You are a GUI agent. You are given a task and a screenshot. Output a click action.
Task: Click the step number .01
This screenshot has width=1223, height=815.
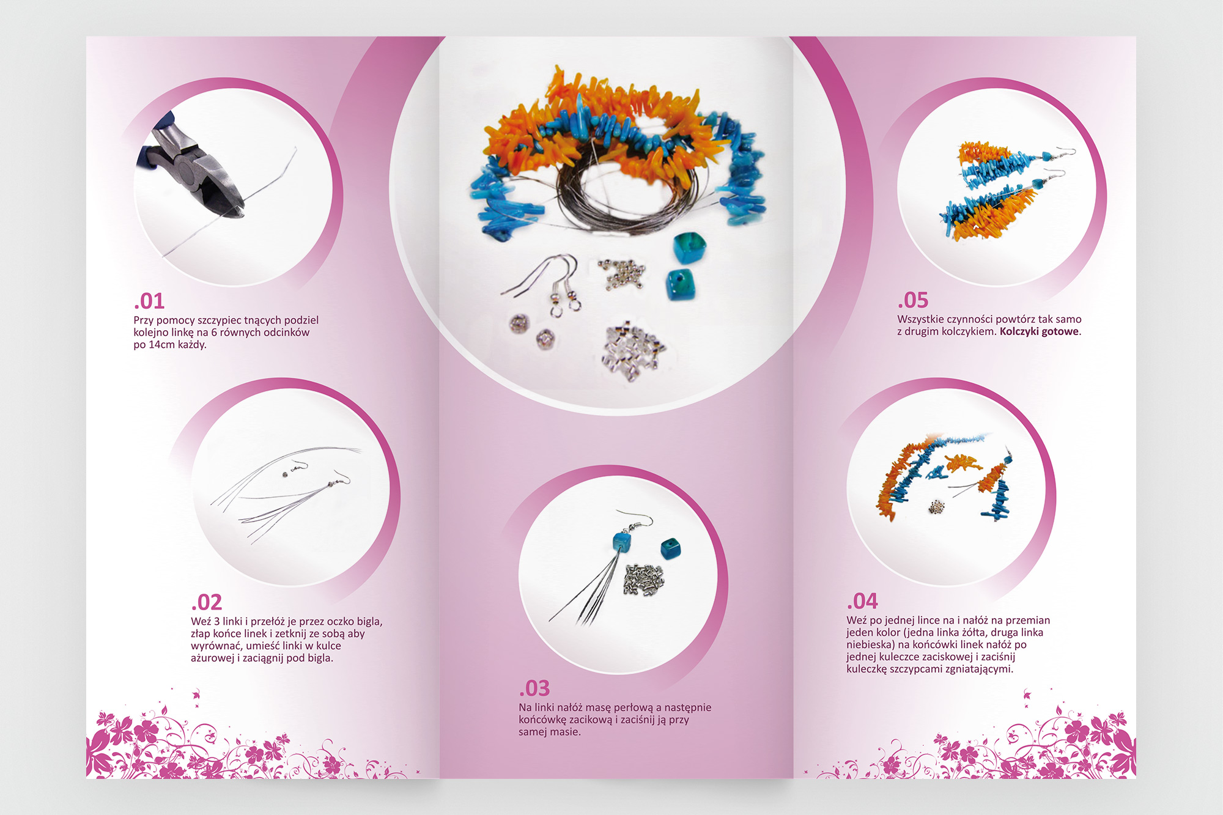149,301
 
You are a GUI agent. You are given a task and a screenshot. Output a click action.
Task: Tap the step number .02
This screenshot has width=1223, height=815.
207,603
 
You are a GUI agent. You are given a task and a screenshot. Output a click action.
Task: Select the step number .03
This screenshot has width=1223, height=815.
534,688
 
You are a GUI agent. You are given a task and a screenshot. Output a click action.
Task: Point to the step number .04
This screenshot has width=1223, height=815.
862,602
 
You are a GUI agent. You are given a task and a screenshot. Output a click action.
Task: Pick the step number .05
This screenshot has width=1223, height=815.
913,300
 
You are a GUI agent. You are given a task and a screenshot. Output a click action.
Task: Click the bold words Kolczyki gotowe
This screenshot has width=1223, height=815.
1039,332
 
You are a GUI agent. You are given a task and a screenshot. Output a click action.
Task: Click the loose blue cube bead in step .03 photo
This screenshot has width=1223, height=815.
670,548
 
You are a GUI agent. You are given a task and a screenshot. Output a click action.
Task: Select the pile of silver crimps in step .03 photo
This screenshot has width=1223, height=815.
643,580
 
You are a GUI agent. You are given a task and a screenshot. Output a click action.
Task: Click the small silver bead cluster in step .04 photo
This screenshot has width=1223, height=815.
936,506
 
